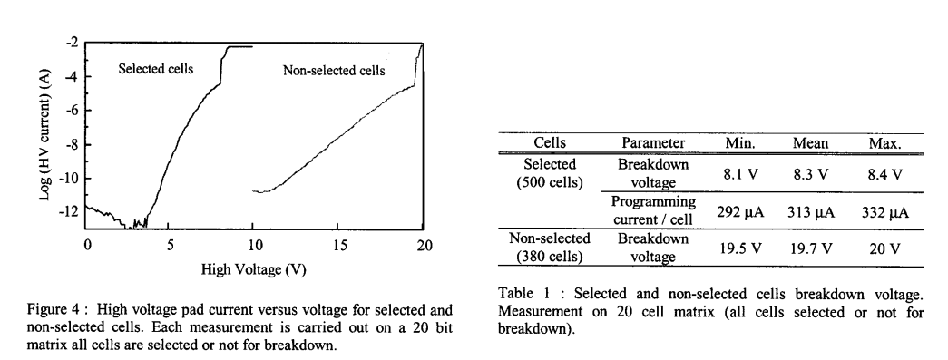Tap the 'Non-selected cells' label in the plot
(334, 71)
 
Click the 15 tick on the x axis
(340, 246)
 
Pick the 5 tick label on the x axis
(171, 246)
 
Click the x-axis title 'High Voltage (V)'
(256, 271)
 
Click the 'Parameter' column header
(653, 143)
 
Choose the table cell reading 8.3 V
(811, 174)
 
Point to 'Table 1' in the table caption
(524, 295)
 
